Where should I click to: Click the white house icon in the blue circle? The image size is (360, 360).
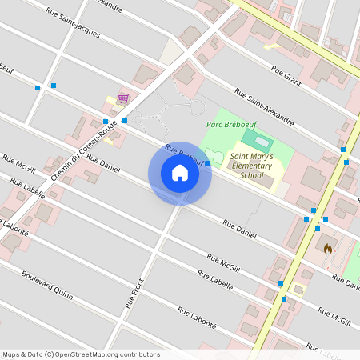180,173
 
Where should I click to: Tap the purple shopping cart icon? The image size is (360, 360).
123,98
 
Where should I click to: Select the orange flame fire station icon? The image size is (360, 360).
327,249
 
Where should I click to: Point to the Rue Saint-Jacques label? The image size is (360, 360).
73,23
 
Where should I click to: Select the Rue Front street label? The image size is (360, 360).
134,293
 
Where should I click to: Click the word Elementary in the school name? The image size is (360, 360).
250,166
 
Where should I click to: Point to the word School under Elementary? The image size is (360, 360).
250,174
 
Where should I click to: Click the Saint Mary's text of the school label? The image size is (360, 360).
251,156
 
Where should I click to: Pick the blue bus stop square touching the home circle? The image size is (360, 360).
207,163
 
